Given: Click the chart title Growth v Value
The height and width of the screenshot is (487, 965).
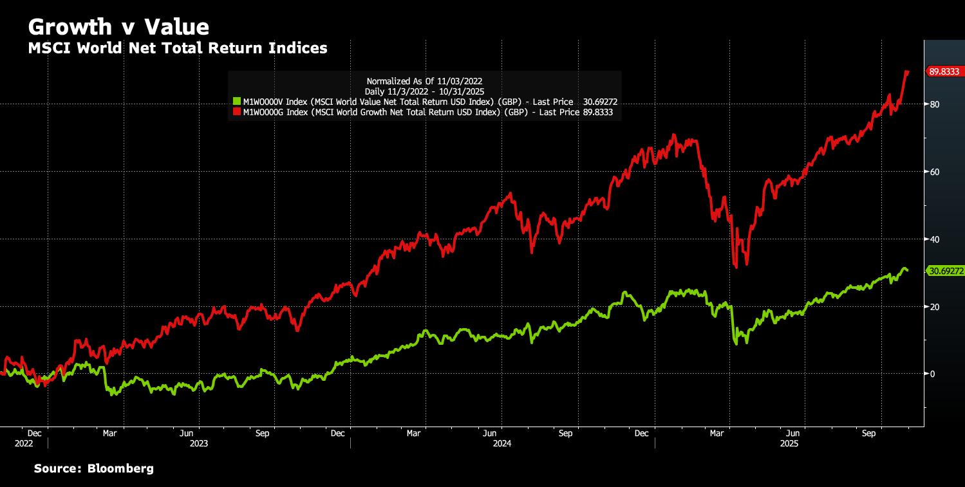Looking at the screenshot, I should coord(118,27).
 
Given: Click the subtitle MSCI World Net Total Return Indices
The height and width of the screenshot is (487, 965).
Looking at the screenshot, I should coord(178,48).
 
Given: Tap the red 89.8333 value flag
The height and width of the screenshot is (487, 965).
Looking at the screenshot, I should coord(944,72).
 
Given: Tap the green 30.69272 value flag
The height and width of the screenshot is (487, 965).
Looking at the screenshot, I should coord(945,271).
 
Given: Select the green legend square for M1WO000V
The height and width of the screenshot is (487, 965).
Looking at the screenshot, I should coord(236,102).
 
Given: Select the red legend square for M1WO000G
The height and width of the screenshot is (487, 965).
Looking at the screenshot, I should coord(236,112).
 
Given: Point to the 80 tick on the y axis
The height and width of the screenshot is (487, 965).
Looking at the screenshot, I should coord(933,104).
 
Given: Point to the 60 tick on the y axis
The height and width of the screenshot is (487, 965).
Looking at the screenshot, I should coord(933,172).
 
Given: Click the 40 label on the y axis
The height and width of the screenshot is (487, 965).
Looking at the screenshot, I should coord(933,239).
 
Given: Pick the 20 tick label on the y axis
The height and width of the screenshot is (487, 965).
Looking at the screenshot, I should coord(933,307).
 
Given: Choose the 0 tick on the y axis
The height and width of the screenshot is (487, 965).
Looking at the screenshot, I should coord(932,374).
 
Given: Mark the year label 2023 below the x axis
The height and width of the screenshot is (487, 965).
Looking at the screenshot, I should coord(198,444).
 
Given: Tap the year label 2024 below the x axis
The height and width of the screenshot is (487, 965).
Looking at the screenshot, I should coord(502,444).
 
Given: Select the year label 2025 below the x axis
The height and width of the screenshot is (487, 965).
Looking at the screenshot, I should coord(789,444).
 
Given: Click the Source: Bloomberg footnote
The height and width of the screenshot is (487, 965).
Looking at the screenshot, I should coord(94,469).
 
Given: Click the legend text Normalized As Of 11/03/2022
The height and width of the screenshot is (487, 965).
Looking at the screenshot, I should coord(424,81).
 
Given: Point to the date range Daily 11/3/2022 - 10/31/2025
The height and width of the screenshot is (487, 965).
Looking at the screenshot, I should coord(424,91).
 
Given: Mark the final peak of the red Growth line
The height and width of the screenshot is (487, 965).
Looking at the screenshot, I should coord(906,71).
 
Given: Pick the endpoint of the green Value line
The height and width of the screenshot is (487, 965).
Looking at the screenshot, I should coord(908,270).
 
